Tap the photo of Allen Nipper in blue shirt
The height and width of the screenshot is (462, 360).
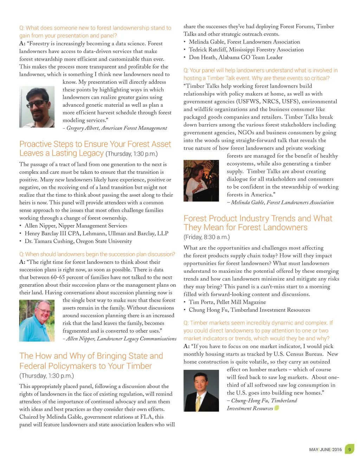37,321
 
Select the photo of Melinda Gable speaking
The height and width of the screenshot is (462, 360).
201,180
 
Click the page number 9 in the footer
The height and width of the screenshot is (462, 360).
349,449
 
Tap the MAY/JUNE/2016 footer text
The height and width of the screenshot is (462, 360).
325,450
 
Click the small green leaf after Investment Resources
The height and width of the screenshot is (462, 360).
277,408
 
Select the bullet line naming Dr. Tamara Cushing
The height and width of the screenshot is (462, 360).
78,241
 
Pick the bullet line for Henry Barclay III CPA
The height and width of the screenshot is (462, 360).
96,233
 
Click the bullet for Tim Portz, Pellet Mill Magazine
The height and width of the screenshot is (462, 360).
227,302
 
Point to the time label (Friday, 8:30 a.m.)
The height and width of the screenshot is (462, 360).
207,237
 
